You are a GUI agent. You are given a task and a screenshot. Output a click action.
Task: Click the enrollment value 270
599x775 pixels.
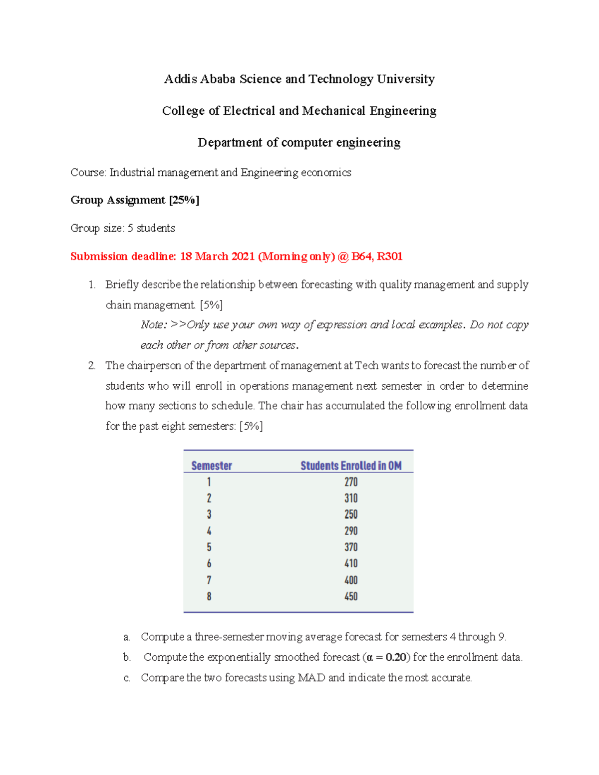pos(351,482)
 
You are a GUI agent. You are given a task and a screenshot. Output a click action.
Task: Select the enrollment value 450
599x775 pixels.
pos(351,596)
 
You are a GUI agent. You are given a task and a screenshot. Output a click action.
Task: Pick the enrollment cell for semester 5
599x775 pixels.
pos(351,547)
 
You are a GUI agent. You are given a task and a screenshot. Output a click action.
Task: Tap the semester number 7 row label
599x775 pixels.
pos(209,580)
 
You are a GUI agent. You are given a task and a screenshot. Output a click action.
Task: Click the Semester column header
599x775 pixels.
pos(212,466)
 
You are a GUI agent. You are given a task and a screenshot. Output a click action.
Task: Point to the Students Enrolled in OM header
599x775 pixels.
pos(351,466)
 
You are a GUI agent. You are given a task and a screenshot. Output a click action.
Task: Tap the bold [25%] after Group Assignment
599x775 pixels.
pos(184,200)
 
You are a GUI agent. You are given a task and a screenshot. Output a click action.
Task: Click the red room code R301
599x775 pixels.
pos(389,257)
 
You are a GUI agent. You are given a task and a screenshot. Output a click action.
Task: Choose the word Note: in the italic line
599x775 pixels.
pos(154,325)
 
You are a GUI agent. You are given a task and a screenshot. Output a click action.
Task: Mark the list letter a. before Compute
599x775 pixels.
pos(127,637)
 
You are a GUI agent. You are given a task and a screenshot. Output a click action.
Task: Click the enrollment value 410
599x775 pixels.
pos(351,563)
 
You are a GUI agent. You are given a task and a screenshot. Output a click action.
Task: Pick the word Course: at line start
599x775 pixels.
pos(88,173)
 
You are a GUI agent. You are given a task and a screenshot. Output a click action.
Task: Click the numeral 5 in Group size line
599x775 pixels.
pos(130,229)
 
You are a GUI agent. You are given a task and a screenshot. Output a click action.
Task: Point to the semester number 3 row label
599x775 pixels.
pos(209,515)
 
